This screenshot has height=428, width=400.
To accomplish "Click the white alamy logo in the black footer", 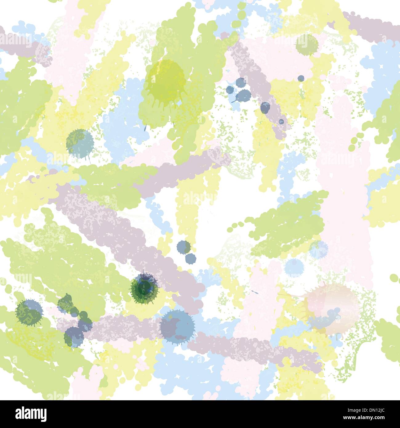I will point(31,414).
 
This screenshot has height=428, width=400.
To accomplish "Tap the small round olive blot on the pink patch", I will point(306,44).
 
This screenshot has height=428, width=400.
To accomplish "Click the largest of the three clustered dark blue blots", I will point(245,96).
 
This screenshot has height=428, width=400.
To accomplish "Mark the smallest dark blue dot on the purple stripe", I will point(281,121).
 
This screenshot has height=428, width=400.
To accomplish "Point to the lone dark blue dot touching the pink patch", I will point(301,78).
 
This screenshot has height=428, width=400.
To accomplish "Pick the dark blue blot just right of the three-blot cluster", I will point(265,107).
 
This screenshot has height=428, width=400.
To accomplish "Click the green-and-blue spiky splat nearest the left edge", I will point(29,313).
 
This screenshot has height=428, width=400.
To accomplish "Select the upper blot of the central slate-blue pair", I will point(184,247).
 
